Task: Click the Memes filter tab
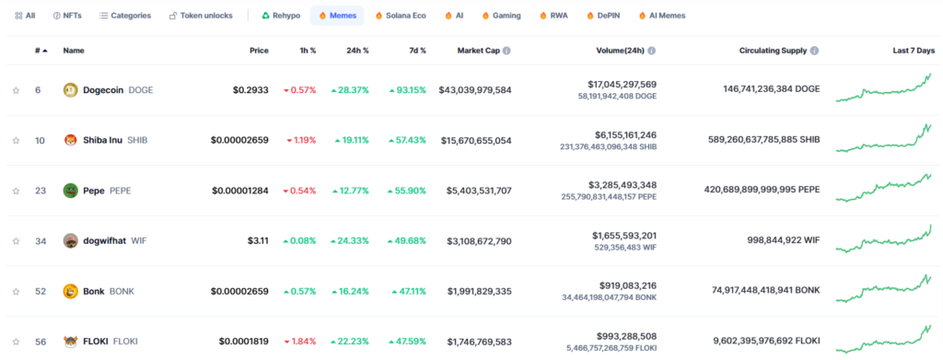coord(337,16)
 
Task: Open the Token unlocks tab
coord(201,16)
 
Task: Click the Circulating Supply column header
coord(765,50)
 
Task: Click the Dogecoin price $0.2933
coord(250,90)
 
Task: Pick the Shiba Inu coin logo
coord(70,140)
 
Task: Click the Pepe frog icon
coord(70,191)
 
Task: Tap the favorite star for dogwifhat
coord(16,241)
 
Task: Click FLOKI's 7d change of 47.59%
coord(407,342)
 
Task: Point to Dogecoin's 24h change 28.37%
coord(350,90)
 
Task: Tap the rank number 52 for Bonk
coord(40,291)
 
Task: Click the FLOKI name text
coord(95,342)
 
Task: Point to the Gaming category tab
coord(500,16)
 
